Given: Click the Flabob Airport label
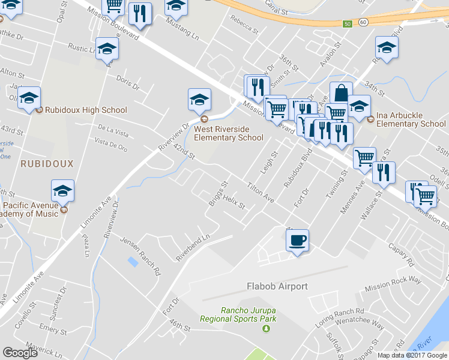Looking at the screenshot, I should pos(277,286).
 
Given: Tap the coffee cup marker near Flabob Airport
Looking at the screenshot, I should pos(298,241).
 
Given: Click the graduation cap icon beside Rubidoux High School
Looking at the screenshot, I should pos(29,100).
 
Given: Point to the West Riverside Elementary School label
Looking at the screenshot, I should pos(228,133).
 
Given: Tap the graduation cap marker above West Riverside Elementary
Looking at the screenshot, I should pos(200,100).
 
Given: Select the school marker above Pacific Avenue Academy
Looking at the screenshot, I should pos(63,191).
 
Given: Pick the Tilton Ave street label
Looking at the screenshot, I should pos(261,193).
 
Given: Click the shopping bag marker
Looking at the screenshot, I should pos(340,93).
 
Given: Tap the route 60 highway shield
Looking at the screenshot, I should pos(363,22).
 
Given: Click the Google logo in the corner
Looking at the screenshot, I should pos(20,353).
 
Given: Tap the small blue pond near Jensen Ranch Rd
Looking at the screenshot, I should pos(132,262).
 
